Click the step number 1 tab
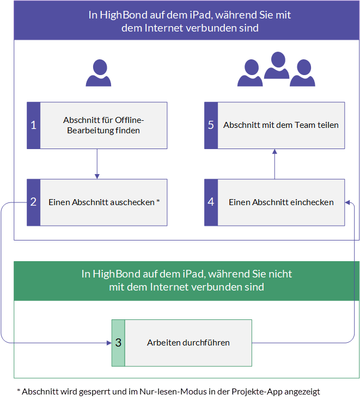tap(34, 125)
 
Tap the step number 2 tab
tap(34, 202)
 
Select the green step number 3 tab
tap(118, 343)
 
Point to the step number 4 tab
tap(211, 202)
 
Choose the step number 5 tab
tap(211, 125)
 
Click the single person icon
tap(99, 73)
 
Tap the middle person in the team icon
tap(277, 65)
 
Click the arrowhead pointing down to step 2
tap(97, 176)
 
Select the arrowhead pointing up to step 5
tap(274, 151)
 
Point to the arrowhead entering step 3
tap(109, 343)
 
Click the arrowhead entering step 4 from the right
tap(347, 202)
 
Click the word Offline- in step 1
tap(130, 120)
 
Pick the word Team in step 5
tap(305, 125)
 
